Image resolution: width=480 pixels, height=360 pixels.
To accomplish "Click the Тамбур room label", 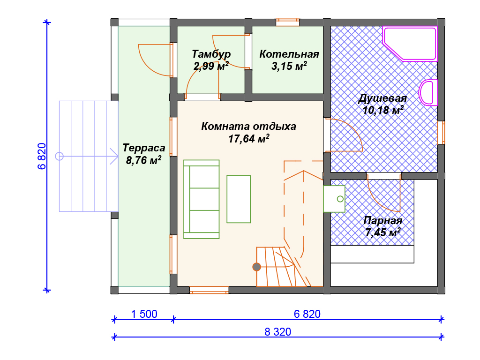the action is point(211,54).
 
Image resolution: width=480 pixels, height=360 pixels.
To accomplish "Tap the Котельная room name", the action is point(289,54).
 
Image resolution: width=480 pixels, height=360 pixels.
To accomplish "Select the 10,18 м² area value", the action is point(382,110).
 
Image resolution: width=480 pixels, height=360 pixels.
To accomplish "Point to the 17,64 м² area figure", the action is point(248,139).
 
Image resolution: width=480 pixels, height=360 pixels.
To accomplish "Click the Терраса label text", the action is point(144,148).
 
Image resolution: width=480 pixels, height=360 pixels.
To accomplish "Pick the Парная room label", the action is point(382,220).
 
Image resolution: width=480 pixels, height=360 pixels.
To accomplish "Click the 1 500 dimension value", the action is point(144,314).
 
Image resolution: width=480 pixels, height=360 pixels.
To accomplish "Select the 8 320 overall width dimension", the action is point(277,332).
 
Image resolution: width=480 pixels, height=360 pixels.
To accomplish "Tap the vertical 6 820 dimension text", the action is point(42,156).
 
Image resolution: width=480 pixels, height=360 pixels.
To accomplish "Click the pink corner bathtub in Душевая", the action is point(410,44).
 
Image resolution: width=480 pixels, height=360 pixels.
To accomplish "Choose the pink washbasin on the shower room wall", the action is point(428,92).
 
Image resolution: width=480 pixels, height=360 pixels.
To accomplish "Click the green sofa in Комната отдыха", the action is point(202,199).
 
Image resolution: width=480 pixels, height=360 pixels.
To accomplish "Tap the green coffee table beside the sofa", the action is point(239,199).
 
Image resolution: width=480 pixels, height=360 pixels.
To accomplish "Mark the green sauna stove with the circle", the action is point(334,199).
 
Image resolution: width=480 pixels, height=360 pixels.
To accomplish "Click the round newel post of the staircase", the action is point(256,267).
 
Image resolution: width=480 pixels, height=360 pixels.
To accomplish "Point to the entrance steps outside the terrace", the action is point(89,156).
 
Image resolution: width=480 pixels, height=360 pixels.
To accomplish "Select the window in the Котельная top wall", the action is point(287,22).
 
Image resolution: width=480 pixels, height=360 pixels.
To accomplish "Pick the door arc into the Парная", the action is point(384,195).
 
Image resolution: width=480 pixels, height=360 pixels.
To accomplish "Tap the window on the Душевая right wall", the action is point(441,133).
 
